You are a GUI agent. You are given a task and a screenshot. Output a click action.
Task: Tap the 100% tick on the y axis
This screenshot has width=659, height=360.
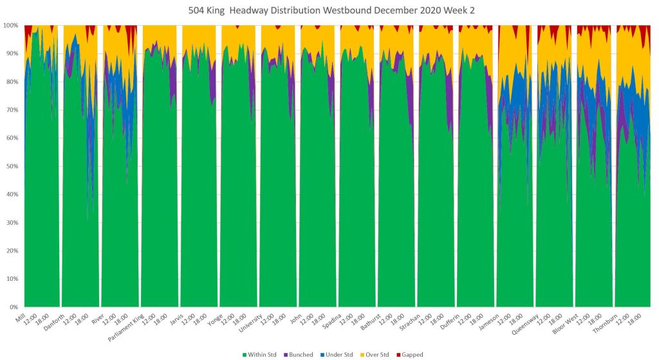(x=12, y=25)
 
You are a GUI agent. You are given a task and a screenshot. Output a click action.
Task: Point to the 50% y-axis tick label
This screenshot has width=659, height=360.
(x=12, y=166)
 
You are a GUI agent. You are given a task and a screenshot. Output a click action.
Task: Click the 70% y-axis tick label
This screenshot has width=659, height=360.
(x=12, y=110)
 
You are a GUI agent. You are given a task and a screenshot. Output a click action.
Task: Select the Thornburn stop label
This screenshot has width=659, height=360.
(x=606, y=320)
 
